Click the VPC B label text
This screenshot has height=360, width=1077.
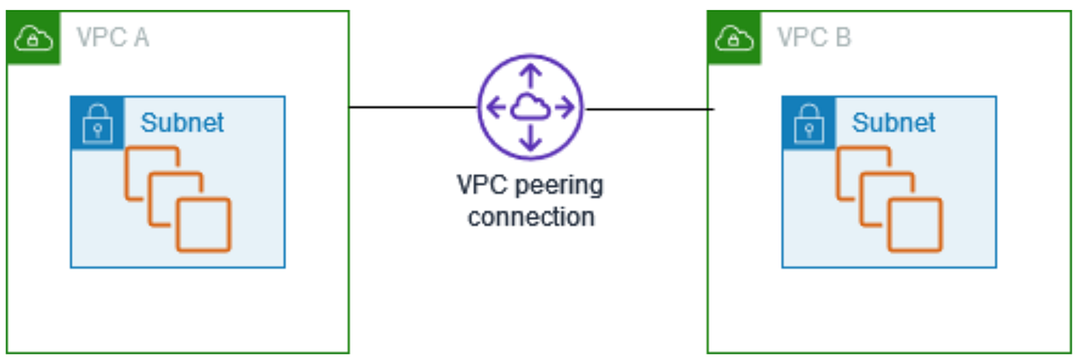[x=814, y=38]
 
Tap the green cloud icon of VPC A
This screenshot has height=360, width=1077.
[x=32, y=38]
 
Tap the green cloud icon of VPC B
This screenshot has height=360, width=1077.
[x=732, y=38]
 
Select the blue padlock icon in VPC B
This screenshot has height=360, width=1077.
[x=805, y=123]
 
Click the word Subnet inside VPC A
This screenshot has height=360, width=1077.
[x=182, y=122]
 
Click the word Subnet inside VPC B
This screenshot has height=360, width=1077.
[x=893, y=122]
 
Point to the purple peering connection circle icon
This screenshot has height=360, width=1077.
[x=530, y=107]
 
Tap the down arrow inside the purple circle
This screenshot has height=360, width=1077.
[x=530, y=139]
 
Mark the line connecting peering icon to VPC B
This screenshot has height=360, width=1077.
[x=648, y=109]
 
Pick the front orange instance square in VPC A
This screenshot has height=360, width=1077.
[x=203, y=224]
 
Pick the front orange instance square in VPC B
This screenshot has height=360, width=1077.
[x=915, y=224]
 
